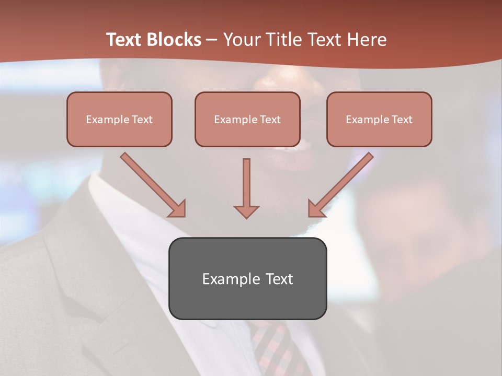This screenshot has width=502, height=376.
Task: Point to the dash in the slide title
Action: tap(212, 40)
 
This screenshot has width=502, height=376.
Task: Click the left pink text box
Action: tap(119, 119)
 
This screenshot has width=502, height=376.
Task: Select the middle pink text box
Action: tap(247, 119)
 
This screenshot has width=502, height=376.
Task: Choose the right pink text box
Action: tap(379, 119)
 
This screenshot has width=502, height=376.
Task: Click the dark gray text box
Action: tap(247, 278)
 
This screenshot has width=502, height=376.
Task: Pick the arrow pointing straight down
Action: tap(246, 188)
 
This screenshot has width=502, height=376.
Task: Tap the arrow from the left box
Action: tap(153, 184)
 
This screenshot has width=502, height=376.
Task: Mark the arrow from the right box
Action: tap(340, 184)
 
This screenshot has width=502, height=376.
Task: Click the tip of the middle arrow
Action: tap(246, 216)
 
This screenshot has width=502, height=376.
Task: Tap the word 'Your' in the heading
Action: tap(240, 40)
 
